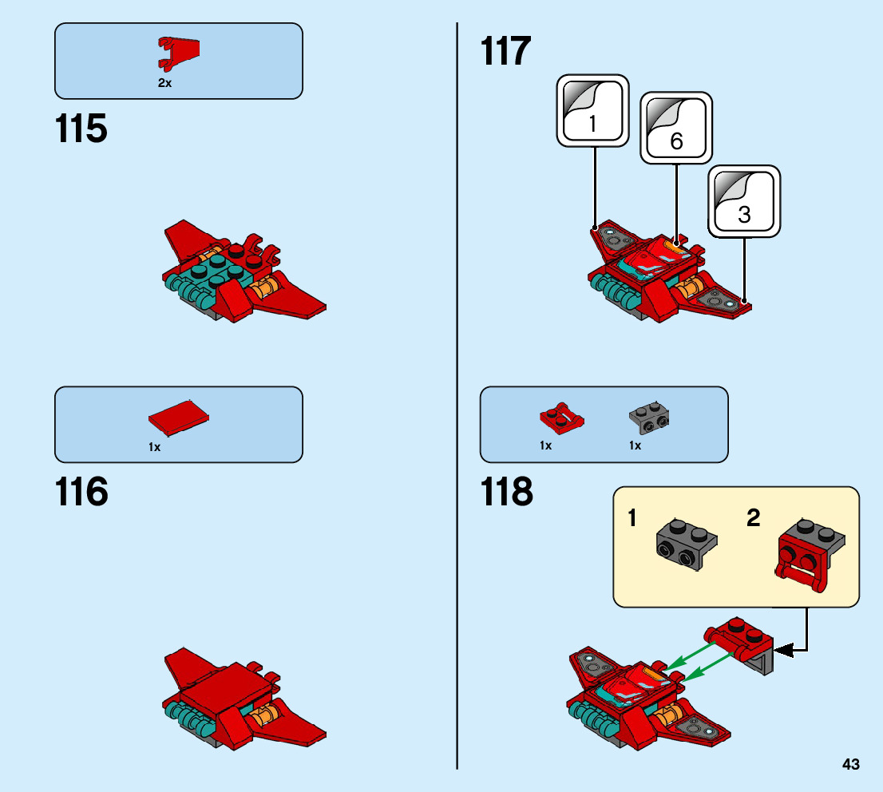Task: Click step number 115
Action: tap(81, 129)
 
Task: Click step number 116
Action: tap(81, 492)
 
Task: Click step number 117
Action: tap(505, 51)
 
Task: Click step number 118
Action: tap(506, 492)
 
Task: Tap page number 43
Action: tap(850, 764)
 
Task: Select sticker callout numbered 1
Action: tap(592, 112)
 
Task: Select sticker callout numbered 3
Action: tap(744, 202)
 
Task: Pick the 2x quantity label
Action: tap(164, 83)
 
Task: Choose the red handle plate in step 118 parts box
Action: tap(561, 414)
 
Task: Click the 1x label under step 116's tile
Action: tap(155, 447)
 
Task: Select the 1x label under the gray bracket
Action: tap(635, 445)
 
